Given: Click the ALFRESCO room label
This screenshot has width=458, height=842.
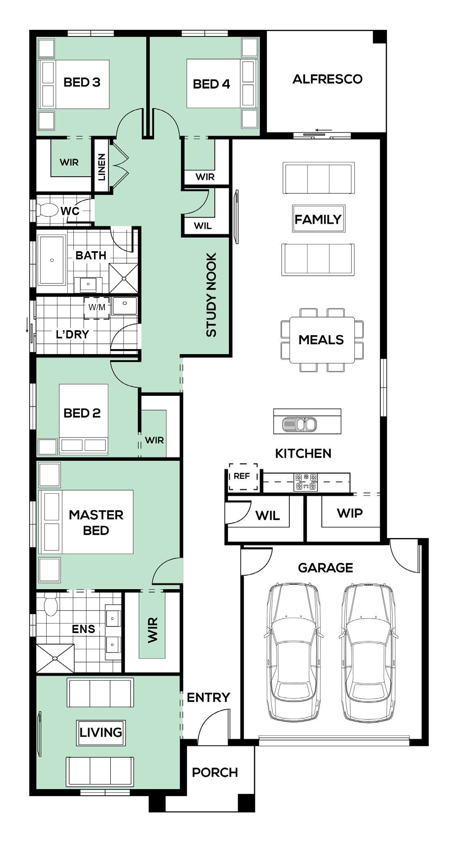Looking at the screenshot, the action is pyautogui.click(x=327, y=79).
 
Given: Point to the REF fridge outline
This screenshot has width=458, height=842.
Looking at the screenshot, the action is pyautogui.click(x=244, y=477).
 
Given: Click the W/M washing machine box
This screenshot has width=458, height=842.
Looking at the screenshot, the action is pyautogui.click(x=97, y=308).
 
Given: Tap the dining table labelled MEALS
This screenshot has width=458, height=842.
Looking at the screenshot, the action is pyautogui.click(x=321, y=340).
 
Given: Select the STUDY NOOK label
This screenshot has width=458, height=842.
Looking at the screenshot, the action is pyautogui.click(x=211, y=295).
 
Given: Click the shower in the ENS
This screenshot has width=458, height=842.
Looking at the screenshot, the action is pyautogui.click(x=55, y=658).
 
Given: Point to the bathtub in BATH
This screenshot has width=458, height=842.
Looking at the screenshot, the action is pyautogui.click(x=52, y=260).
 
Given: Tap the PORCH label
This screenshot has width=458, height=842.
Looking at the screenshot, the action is pyautogui.click(x=215, y=772).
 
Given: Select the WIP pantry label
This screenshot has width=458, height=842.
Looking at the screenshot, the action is pyautogui.click(x=350, y=513).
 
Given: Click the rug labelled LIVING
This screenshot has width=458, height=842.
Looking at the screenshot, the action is pyautogui.click(x=101, y=733).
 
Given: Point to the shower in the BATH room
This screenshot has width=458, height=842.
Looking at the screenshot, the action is pyautogui.click(x=123, y=278).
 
